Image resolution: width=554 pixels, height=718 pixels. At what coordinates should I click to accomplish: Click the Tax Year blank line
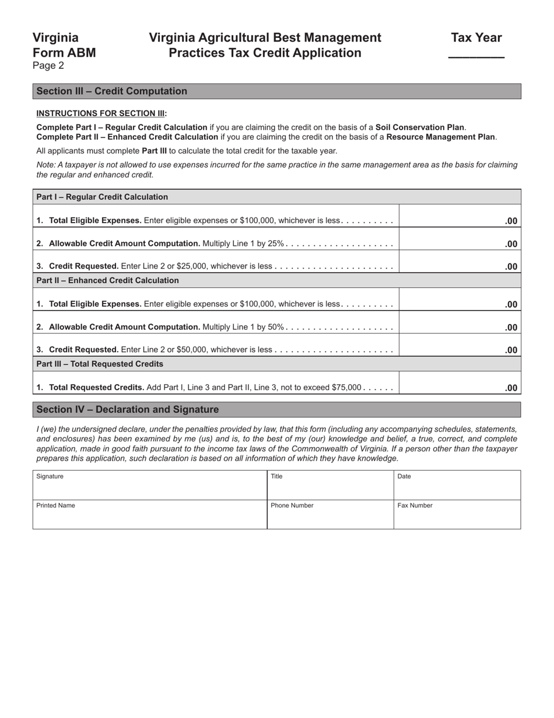tap(476, 54)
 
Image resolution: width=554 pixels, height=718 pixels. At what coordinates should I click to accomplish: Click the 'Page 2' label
tap(48, 66)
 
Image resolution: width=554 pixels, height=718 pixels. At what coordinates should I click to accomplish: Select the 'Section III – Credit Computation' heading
tap(112, 91)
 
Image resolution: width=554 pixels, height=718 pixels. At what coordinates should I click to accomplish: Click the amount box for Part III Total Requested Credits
tap(460, 384)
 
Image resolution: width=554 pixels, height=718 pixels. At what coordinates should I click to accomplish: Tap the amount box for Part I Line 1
tap(460, 217)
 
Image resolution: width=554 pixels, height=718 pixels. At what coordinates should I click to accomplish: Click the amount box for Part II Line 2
tap(460, 323)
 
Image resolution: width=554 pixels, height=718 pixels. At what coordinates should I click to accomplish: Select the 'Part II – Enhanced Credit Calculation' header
tap(108, 280)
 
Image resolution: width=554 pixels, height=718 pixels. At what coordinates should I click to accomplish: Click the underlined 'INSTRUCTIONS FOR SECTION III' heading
tap(101, 113)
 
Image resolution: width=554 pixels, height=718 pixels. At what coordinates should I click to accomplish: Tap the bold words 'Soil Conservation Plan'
tap(420, 127)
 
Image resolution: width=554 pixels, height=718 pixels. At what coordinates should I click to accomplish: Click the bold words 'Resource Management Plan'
tap(440, 137)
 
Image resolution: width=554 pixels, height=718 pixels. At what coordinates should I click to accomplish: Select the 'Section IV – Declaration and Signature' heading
tap(128, 410)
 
